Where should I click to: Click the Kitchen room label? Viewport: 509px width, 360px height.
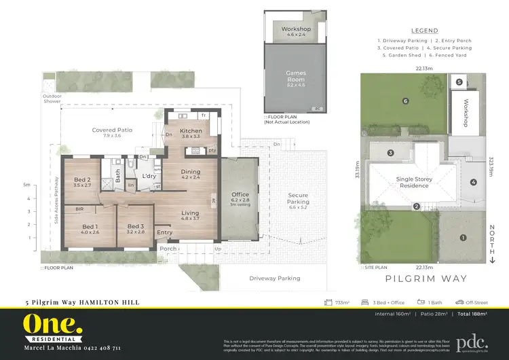pyautogui.click(x=191, y=130)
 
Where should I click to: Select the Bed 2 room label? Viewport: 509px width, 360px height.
pyautogui.click(x=82, y=180)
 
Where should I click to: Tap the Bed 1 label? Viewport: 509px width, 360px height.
pyautogui.click(x=90, y=227)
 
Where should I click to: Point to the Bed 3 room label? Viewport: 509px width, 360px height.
pyautogui.click(x=136, y=227)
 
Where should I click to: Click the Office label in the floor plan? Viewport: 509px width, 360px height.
pyautogui.click(x=240, y=194)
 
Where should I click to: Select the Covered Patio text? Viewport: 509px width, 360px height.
pyautogui.click(x=112, y=130)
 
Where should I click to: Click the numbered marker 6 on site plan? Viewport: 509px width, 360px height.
pyautogui.click(x=405, y=101)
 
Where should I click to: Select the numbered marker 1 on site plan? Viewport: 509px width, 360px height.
pyautogui.click(x=463, y=238)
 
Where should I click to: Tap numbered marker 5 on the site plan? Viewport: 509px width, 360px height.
pyautogui.click(x=459, y=82)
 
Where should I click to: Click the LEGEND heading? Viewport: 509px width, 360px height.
pyautogui.click(x=425, y=31)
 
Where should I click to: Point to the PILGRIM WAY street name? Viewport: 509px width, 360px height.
pyautogui.click(x=415, y=278)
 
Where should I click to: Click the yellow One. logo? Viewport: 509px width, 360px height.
pyautogui.click(x=53, y=324)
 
